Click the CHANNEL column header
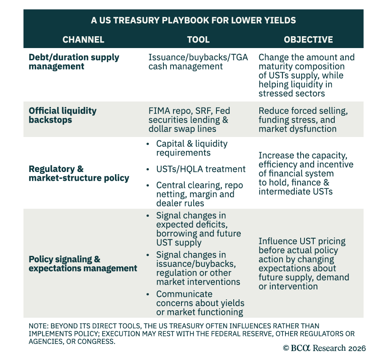coord(83,40)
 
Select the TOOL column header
coord(198,40)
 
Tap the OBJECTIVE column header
coord(308,40)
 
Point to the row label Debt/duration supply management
coord(74,62)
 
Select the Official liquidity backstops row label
coord(62,115)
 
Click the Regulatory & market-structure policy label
coord(79,173)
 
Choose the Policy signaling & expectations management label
coord(83,263)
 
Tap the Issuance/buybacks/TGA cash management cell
coord(198,62)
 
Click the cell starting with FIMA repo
coord(189,120)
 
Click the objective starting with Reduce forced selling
coord(303,120)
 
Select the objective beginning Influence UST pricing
coord(304,263)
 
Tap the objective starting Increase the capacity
coord(306,173)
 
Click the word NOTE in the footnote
coord(39,326)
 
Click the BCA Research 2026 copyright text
coord(325,348)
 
